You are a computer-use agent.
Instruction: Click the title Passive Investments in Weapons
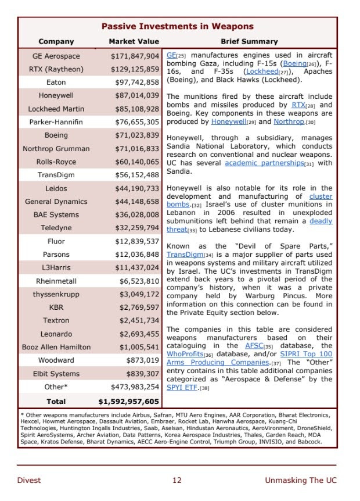tap(177, 26)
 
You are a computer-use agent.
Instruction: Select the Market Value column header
tap(134, 41)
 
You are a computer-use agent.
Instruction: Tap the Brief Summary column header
tap(249, 41)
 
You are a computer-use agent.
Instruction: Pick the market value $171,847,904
tap(135, 56)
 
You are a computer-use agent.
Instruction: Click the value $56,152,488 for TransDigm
tap(135, 175)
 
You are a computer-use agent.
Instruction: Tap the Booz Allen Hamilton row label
tap(56, 347)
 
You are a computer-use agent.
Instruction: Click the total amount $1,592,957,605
tap(128, 401)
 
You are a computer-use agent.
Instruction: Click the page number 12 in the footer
tap(177, 480)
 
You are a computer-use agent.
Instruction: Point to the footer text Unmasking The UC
tap(300, 480)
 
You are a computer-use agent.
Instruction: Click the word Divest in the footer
tap(29, 480)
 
